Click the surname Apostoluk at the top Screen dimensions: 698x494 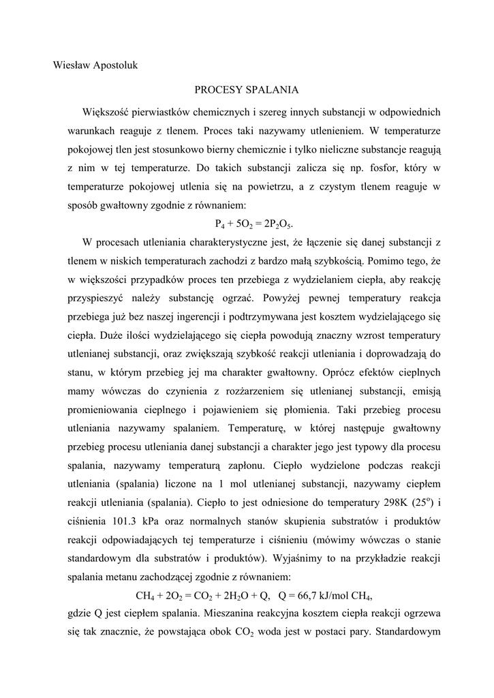point(114,65)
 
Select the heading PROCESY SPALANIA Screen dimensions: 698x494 point(247,89)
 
